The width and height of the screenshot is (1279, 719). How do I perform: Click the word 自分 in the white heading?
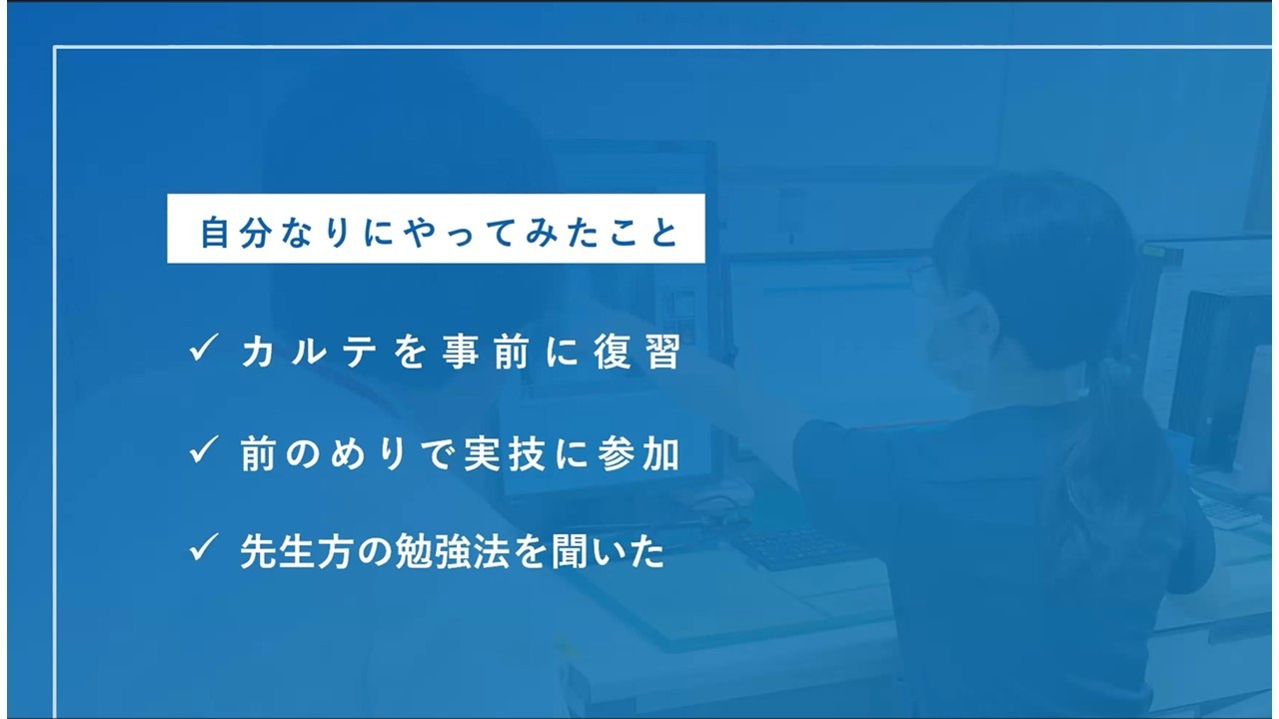236,232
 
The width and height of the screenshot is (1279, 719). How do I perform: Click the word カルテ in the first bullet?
309,352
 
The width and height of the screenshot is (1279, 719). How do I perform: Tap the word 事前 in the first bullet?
486,352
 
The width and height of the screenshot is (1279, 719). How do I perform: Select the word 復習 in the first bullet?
638,352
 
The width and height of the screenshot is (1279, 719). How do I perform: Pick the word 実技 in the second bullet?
505,454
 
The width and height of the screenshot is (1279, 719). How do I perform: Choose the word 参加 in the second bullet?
639,454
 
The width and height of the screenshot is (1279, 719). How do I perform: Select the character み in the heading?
542,233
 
